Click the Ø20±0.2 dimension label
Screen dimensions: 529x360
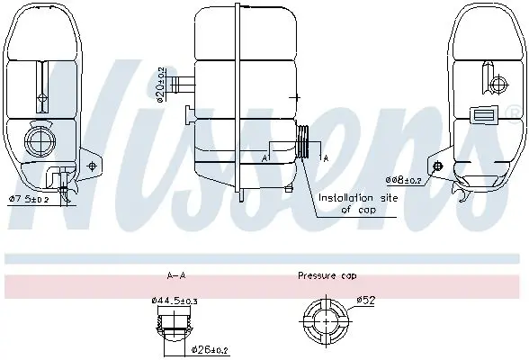coord(161,85)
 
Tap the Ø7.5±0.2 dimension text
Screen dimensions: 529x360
coord(29,200)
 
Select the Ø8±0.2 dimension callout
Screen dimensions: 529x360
coord(404,180)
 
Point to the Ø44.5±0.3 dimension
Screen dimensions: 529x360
coord(175,301)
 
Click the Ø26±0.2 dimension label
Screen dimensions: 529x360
coord(210,350)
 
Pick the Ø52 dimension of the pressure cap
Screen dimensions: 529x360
coord(366,300)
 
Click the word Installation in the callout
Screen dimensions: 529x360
coord(345,198)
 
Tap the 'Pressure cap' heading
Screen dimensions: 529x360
coord(327,276)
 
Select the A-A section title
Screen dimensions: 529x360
coord(176,275)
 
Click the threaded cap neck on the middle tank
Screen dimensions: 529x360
coord(302,141)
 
